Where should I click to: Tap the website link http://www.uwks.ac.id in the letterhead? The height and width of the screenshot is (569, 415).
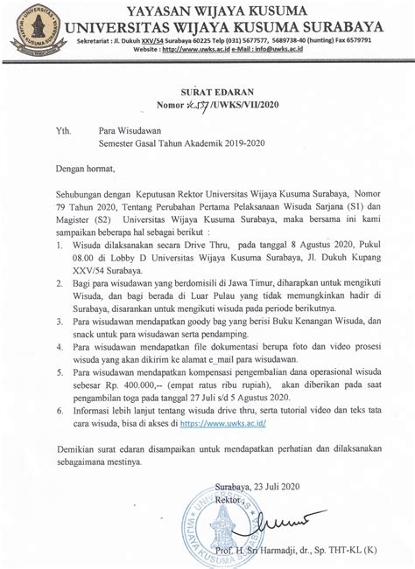point(194,50)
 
